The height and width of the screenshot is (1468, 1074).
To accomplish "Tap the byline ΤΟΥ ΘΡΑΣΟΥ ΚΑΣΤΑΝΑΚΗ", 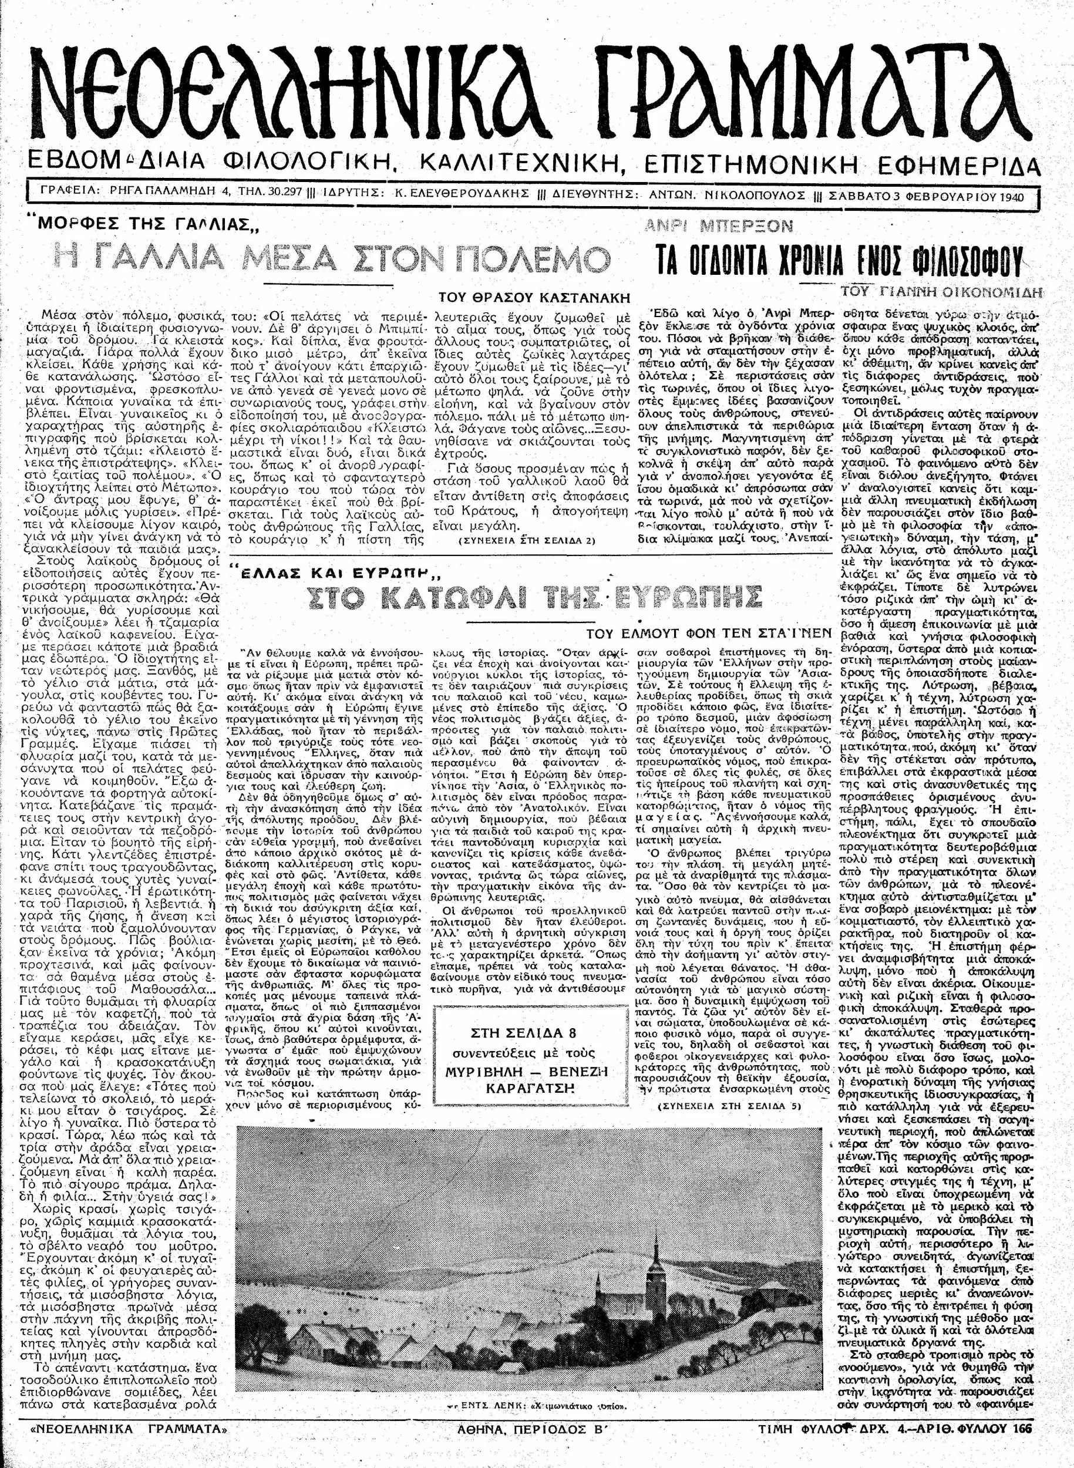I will (x=534, y=298).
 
